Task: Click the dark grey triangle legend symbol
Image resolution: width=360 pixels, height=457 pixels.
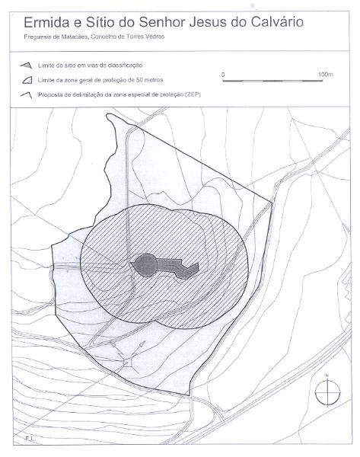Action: click(26, 66)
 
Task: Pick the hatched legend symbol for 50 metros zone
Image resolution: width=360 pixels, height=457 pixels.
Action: click(27, 80)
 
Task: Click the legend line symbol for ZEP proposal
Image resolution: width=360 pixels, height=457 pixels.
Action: click(26, 95)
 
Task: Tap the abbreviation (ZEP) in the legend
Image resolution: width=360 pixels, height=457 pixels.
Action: click(193, 94)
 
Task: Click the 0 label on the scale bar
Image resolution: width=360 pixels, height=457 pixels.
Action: click(223, 75)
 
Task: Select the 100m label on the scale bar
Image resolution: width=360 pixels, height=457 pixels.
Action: click(326, 75)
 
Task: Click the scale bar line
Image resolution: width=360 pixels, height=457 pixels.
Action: click(272, 81)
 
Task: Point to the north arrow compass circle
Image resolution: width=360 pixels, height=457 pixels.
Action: click(328, 393)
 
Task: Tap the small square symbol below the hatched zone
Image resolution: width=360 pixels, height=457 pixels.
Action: click(126, 363)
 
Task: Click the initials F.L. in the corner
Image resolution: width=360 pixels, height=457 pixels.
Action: click(29, 438)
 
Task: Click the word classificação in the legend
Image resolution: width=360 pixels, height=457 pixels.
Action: click(126, 66)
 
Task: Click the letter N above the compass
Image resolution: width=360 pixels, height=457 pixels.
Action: click(327, 375)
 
